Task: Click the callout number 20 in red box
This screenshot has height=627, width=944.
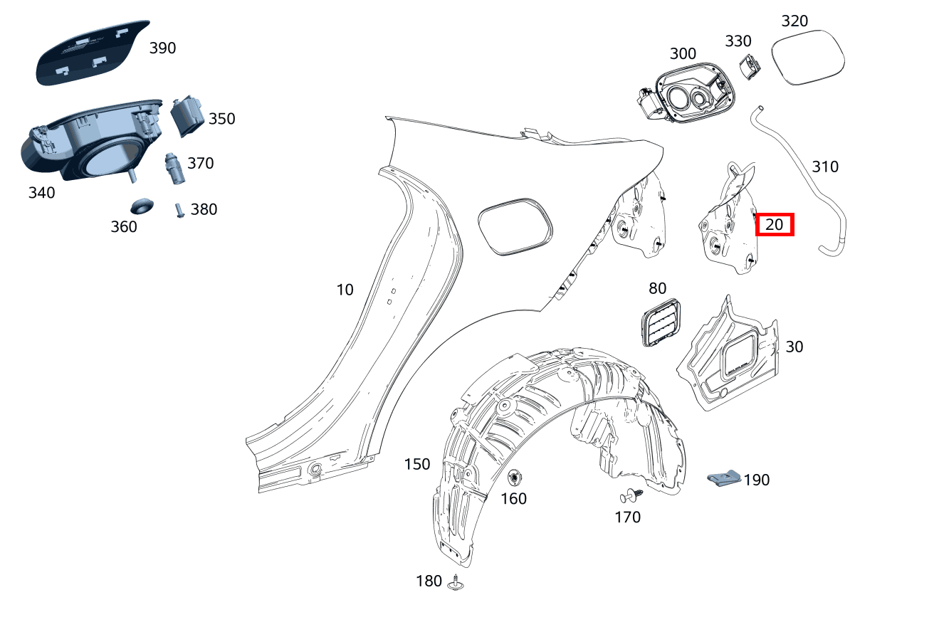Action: [774, 225]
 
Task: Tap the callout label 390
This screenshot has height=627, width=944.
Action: [162, 48]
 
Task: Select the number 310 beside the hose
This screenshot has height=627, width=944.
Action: [825, 167]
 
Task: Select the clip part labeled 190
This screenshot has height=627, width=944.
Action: [724, 478]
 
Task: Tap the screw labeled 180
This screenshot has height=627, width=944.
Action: [456, 583]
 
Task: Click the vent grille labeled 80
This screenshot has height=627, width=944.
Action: [660, 323]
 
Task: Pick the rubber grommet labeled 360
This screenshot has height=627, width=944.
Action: [142, 206]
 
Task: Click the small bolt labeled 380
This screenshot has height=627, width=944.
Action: [179, 211]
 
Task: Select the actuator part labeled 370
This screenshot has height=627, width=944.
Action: [173, 167]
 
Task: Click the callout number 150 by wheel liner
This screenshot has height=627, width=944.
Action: [417, 464]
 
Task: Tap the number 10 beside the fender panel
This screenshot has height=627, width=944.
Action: [345, 290]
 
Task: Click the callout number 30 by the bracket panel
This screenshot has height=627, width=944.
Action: [794, 347]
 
